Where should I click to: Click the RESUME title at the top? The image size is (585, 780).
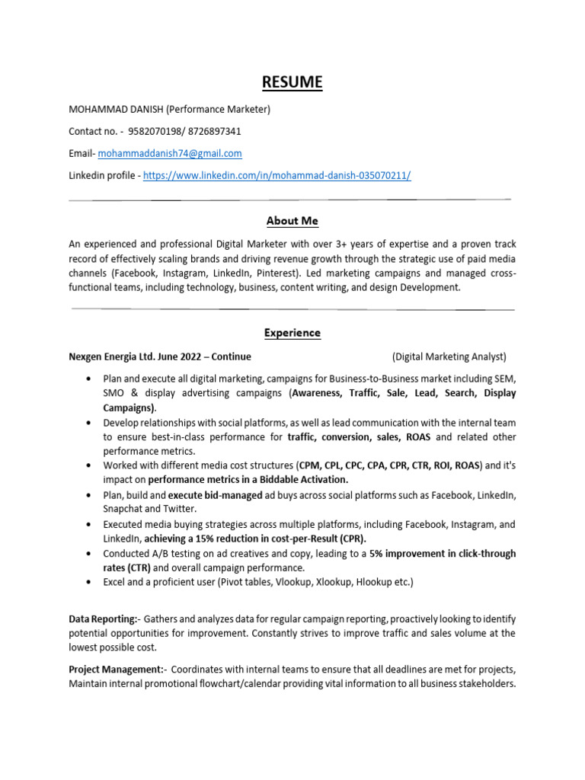click(292, 82)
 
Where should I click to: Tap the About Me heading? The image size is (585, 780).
click(292, 221)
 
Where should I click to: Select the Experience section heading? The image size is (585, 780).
click(292, 333)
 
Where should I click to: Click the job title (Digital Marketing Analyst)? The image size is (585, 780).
click(449, 356)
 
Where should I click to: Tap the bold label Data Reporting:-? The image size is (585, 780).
click(103, 618)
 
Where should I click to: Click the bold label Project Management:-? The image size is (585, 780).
click(117, 670)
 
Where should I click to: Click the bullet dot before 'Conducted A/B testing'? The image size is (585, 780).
click(91, 554)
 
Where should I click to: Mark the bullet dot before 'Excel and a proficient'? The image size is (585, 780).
click(91, 583)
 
